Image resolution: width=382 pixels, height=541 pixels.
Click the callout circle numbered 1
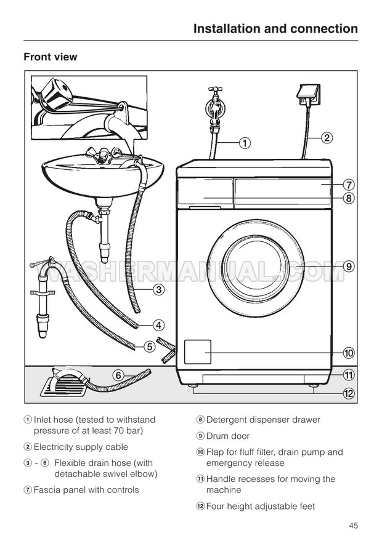(245, 144)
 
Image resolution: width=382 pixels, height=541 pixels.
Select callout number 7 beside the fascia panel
(348, 185)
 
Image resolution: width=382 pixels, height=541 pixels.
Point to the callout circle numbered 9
(348, 267)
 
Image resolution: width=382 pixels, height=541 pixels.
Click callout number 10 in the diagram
(348, 353)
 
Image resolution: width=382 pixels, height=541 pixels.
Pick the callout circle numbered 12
(348, 394)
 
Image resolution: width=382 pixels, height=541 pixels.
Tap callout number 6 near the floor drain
(118, 374)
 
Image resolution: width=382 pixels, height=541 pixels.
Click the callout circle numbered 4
(158, 325)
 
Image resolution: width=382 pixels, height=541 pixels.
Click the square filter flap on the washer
(198, 353)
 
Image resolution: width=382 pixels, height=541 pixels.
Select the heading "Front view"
(51, 57)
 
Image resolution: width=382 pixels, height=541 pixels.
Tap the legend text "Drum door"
(228, 436)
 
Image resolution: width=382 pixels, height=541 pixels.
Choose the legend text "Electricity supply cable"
(81, 447)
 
